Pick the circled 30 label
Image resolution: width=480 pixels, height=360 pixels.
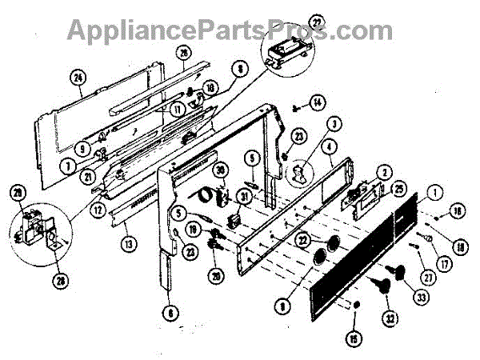[221, 170]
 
